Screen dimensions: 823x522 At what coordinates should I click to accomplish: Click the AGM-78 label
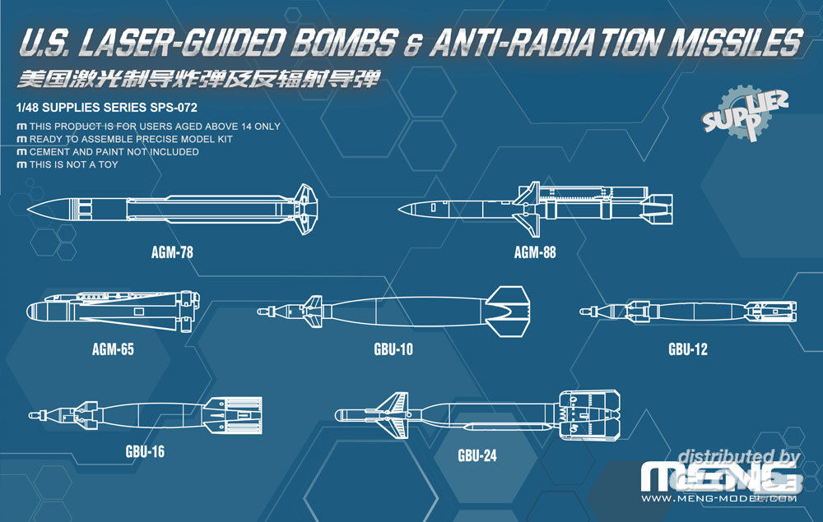click(x=172, y=252)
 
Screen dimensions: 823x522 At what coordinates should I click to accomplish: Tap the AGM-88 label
click(x=535, y=252)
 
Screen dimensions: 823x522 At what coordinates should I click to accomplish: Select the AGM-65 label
click(x=113, y=349)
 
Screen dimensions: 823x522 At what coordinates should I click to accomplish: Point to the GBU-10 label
click(x=393, y=349)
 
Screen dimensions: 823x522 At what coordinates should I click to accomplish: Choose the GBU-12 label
click(x=687, y=349)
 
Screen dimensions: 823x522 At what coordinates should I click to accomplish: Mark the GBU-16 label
click(x=145, y=451)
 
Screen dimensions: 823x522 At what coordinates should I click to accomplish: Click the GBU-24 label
click(x=477, y=455)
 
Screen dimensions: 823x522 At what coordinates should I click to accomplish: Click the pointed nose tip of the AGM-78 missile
click(x=28, y=210)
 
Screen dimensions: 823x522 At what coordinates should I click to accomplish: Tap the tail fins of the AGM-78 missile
click(x=305, y=209)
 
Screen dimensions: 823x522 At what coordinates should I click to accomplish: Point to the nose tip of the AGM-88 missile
click(x=399, y=210)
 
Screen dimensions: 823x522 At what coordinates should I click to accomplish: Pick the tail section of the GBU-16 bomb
click(x=233, y=415)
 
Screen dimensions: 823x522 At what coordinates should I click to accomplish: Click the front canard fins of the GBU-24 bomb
click(x=393, y=416)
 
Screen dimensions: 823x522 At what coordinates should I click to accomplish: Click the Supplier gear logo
click(x=745, y=113)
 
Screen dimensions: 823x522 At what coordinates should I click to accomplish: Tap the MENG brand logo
click(x=720, y=478)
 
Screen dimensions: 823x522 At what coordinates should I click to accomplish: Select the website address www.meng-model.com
click(x=719, y=498)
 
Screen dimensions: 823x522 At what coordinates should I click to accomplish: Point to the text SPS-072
click(x=174, y=108)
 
